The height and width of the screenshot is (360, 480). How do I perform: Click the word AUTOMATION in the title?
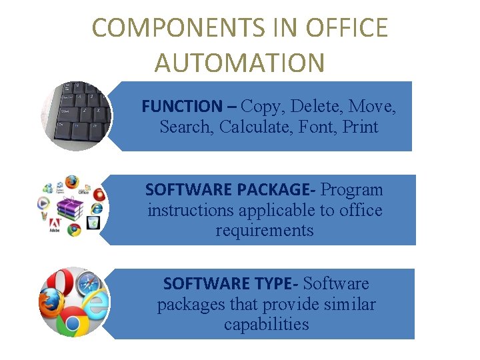click(x=239, y=63)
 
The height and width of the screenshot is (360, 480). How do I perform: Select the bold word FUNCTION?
click(x=181, y=106)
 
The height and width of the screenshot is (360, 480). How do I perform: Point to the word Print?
click(x=360, y=127)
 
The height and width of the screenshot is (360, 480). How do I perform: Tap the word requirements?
click(x=265, y=231)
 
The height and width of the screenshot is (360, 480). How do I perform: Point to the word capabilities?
click(x=267, y=325)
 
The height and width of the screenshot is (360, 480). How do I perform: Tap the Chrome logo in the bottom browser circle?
click(x=73, y=324)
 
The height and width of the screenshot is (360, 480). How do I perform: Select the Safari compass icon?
click(x=89, y=285)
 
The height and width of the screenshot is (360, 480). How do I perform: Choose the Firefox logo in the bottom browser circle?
click(x=51, y=308)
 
